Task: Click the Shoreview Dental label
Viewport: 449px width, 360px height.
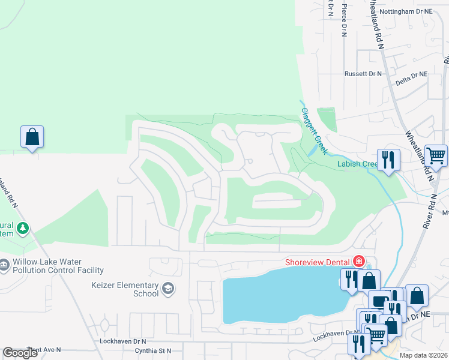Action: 318,262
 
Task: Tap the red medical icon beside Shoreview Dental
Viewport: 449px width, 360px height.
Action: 358,261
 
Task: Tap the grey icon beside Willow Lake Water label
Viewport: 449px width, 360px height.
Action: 4,265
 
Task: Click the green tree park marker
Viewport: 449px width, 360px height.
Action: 23,228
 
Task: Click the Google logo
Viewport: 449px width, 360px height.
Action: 20,353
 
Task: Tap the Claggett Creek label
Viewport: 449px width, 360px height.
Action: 314,128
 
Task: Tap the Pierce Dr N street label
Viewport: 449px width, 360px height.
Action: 345,21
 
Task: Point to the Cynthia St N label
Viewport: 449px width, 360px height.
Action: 153,351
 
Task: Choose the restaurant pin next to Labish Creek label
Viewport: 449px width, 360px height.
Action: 388,160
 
